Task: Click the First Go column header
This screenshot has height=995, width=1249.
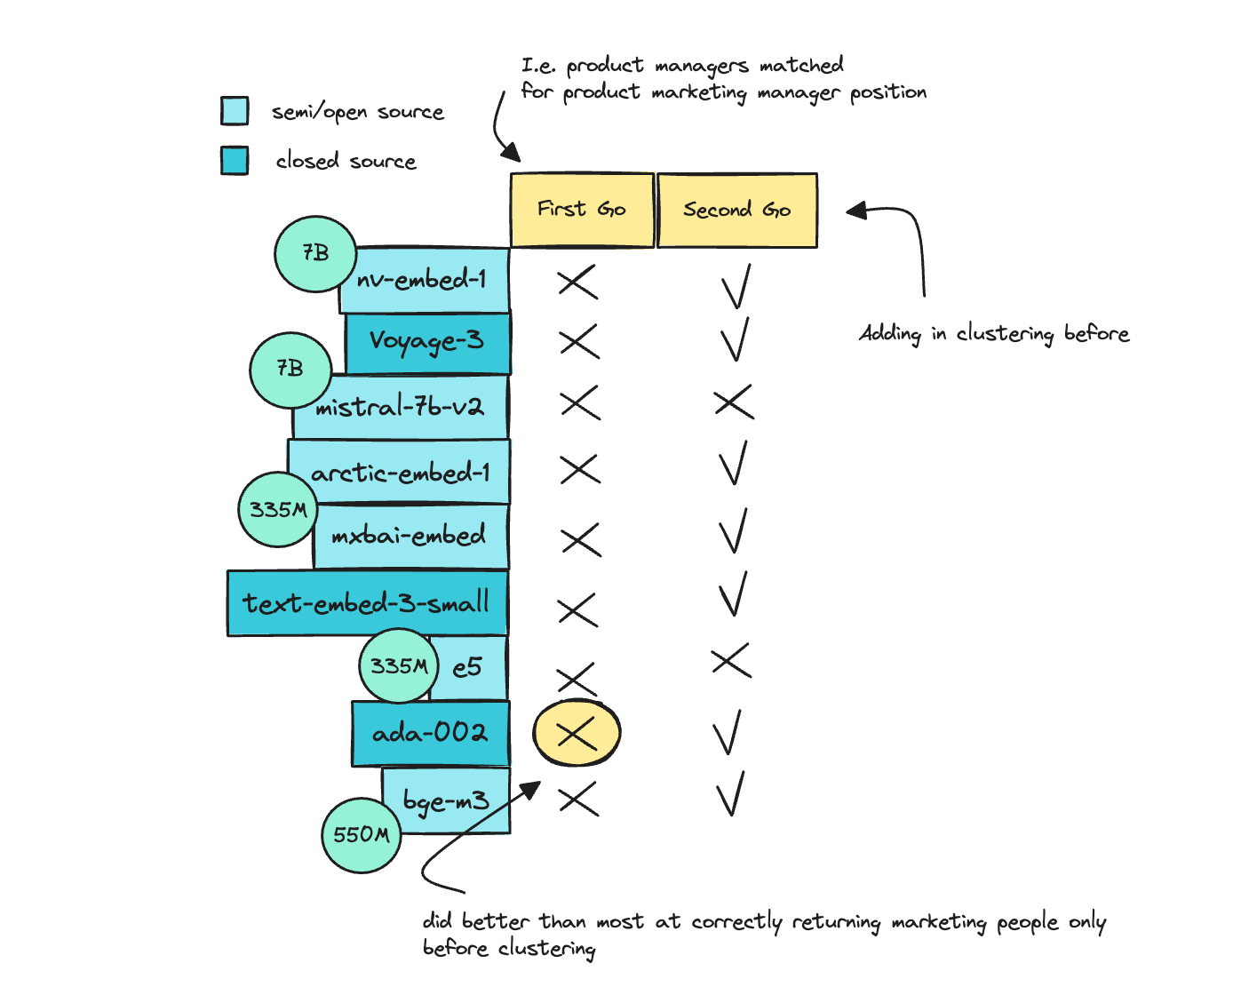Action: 582,210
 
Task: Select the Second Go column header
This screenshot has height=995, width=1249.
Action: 736,210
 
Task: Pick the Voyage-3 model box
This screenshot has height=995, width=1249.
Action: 427,342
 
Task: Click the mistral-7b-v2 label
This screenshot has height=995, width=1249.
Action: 400,408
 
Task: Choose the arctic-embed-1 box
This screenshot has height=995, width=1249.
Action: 400,472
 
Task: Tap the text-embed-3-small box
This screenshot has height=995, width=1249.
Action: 366,603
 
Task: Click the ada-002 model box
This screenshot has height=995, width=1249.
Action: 430,734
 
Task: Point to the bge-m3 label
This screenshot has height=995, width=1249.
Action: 446,800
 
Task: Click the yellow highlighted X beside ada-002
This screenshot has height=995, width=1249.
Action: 577,733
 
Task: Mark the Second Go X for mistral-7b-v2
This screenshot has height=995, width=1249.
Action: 734,402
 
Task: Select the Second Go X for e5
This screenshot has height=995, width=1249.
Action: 731,660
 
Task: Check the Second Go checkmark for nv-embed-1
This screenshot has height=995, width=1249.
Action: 736,286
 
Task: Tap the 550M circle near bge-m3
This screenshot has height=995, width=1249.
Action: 361,835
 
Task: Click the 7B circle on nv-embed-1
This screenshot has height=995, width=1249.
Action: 315,253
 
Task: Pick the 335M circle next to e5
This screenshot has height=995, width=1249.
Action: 399,665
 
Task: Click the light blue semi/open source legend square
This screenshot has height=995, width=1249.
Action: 235,111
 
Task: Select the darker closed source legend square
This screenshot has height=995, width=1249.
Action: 235,161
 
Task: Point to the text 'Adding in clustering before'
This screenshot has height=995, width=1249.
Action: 994,334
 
